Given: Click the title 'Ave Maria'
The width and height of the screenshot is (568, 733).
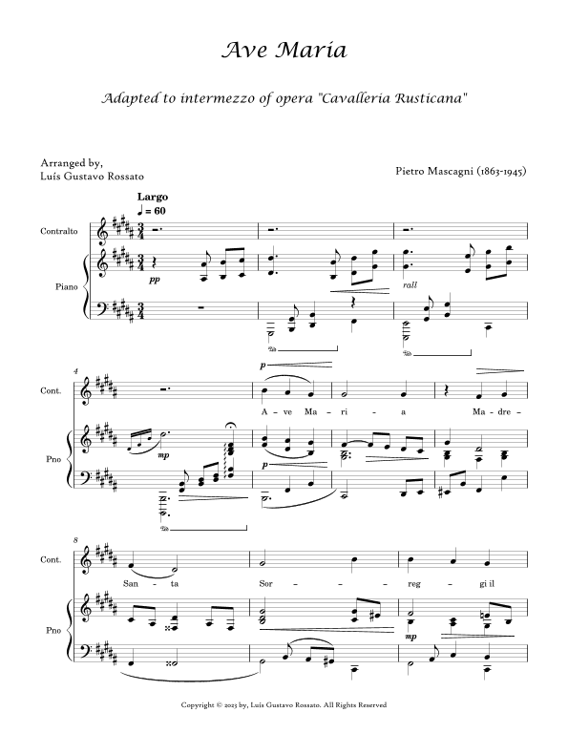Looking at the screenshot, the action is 284,50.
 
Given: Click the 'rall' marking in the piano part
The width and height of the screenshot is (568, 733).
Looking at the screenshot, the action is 411,284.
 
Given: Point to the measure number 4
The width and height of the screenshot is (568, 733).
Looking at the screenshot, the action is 76,368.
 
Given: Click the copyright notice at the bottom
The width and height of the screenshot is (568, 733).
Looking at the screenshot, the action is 284,705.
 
